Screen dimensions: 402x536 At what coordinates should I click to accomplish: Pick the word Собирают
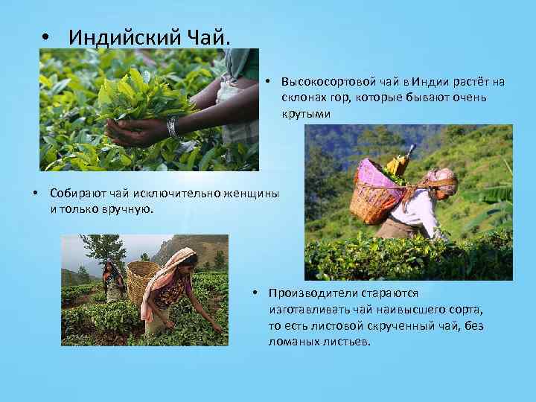tap(76, 194)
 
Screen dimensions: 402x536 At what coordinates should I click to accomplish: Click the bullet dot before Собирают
tap(36, 194)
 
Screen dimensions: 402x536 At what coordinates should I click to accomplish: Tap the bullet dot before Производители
tap(255, 293)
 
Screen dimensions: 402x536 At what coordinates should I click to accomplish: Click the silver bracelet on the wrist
tap(173, 127)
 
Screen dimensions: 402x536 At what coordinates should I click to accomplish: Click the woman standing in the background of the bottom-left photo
tap(112, 278)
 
